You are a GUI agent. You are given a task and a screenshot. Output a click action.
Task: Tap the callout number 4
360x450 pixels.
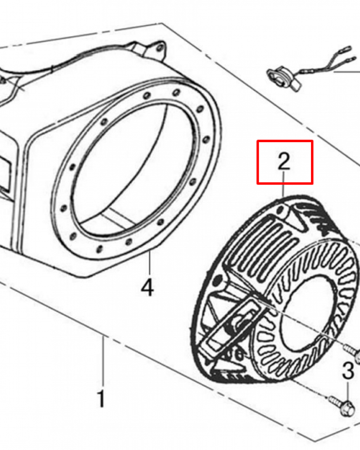click(x=147, y=288)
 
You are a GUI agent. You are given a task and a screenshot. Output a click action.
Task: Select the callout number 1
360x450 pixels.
click(x=101, y=399)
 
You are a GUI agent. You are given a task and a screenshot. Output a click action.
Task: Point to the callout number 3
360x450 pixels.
click(x=348, y=372)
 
